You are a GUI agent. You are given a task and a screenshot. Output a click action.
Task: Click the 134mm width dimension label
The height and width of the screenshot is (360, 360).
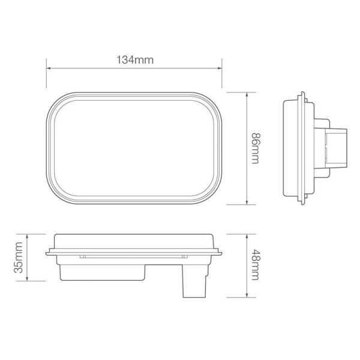click(x=134, y=59)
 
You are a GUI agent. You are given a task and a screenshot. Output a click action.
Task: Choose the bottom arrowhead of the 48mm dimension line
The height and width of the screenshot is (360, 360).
click(x=248, y=295)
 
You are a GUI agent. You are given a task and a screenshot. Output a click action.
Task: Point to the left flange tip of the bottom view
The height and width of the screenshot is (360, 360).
click(x=47, y=253)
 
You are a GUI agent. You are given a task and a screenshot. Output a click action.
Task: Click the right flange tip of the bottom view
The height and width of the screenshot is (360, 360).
click(x=221, y=253)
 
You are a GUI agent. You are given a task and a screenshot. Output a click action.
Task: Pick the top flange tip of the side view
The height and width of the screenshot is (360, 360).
click(x=302, y=94)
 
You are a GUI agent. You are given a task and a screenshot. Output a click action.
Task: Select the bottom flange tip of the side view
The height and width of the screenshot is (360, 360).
click(x=302, y=204)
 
